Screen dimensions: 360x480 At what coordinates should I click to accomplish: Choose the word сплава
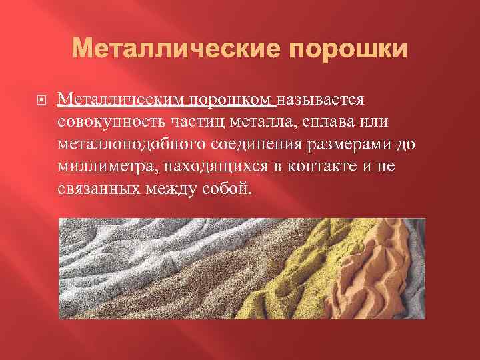[x=328, y=122]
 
